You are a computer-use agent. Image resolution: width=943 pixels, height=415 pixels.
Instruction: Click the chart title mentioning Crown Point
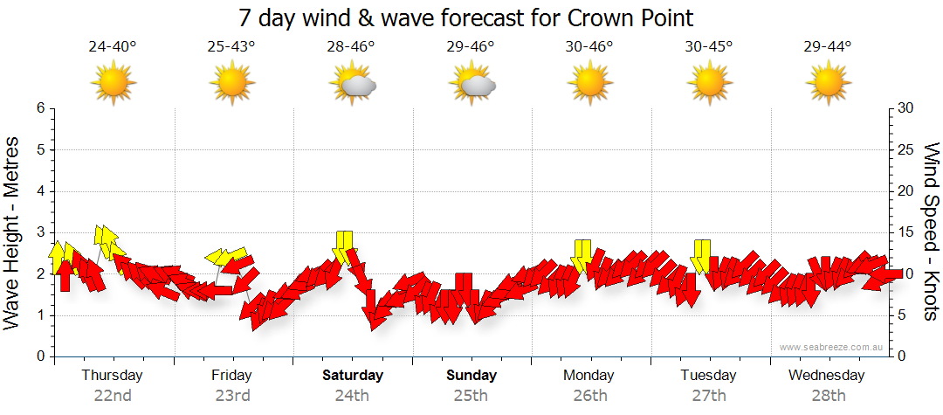466,17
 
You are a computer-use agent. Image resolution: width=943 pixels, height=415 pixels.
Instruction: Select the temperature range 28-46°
351,47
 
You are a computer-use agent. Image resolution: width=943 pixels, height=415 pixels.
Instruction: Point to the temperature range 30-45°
709,47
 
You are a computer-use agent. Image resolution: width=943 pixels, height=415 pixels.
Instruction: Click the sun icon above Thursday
113,83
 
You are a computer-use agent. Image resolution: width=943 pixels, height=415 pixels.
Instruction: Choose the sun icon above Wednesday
828,83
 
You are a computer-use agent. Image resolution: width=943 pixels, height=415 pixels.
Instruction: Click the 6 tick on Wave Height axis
39,108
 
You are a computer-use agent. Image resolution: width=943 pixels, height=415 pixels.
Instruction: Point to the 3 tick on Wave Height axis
39,232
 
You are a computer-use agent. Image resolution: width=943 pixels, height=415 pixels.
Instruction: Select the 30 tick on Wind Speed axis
906,108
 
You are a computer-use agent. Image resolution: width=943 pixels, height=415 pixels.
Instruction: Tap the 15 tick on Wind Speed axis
906,232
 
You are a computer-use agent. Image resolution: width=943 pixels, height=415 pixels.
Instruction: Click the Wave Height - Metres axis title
13,232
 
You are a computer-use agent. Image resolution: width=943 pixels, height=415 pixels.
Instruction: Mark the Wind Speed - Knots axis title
931,232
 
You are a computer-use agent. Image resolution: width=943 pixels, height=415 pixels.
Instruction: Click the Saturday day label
352,376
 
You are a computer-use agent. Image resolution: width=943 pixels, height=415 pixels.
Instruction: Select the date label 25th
471,396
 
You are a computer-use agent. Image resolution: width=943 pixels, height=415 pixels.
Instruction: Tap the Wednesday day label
826,376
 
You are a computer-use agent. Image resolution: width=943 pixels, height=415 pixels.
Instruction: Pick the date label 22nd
113,396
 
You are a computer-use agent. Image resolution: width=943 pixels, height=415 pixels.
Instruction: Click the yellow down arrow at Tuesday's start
700,255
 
